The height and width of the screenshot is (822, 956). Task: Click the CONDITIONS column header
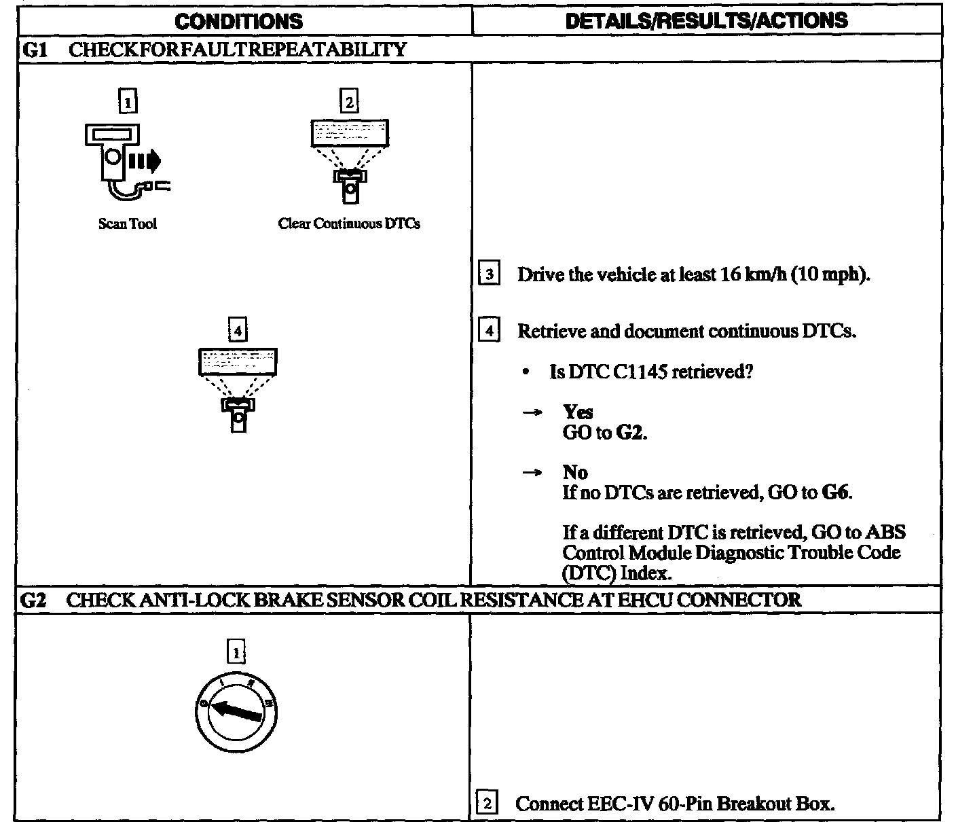pos(238,21)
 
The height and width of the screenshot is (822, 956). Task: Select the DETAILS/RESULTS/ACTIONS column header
pos(706,20)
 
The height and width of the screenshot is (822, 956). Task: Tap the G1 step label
pos(33,50)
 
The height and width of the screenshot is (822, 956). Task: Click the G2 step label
pos(33,600)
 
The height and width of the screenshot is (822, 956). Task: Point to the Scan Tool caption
pos(127,224)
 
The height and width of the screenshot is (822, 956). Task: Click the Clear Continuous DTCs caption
pos(349,224)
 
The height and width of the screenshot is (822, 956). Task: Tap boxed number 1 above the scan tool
pos(127,102)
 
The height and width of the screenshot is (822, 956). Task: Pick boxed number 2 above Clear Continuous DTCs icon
pos(349,102)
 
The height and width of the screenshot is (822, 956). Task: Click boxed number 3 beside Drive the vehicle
pos(490,275)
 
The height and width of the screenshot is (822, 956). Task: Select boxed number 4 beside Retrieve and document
pos(490,332)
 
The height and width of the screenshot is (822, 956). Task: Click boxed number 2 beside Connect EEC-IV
pos(488,804)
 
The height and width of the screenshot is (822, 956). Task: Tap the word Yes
pos(578,412)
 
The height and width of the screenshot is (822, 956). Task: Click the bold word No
pos(575,472)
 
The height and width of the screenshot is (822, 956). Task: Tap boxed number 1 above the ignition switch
pos(236,652)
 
